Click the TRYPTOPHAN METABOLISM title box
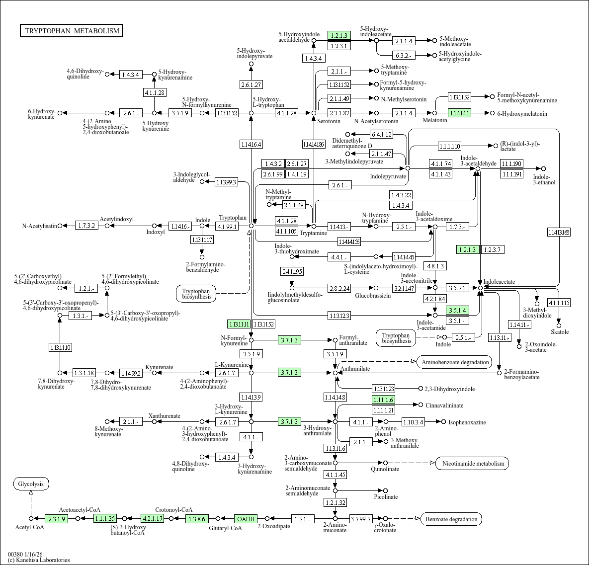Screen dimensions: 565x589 (x=72, y=31)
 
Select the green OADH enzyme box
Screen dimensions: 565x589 (x=246, y=519)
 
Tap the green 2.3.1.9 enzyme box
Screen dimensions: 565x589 (x=56, y=519)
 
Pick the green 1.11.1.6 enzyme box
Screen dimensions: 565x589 (x=383, y=400)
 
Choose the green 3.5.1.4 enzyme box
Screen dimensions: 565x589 (x=457, y=311)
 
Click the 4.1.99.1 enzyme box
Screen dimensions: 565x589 (x=227, y=226)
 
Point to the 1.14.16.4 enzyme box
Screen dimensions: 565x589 (x=251, y=145)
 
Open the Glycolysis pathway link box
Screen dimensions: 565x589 (x=31, y=484)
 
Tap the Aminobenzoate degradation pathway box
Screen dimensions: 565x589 (x=455, y=362)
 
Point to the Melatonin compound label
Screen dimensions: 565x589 (x=435, y=121)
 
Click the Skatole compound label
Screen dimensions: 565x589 (x=559, y=332)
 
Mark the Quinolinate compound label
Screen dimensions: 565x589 (x=385, y=469)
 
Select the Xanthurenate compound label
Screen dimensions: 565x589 (x=164, y=416)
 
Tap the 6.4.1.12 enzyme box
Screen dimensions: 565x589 (x=381, y=134)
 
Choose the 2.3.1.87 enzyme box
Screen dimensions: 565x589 (x=339, y=113)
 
